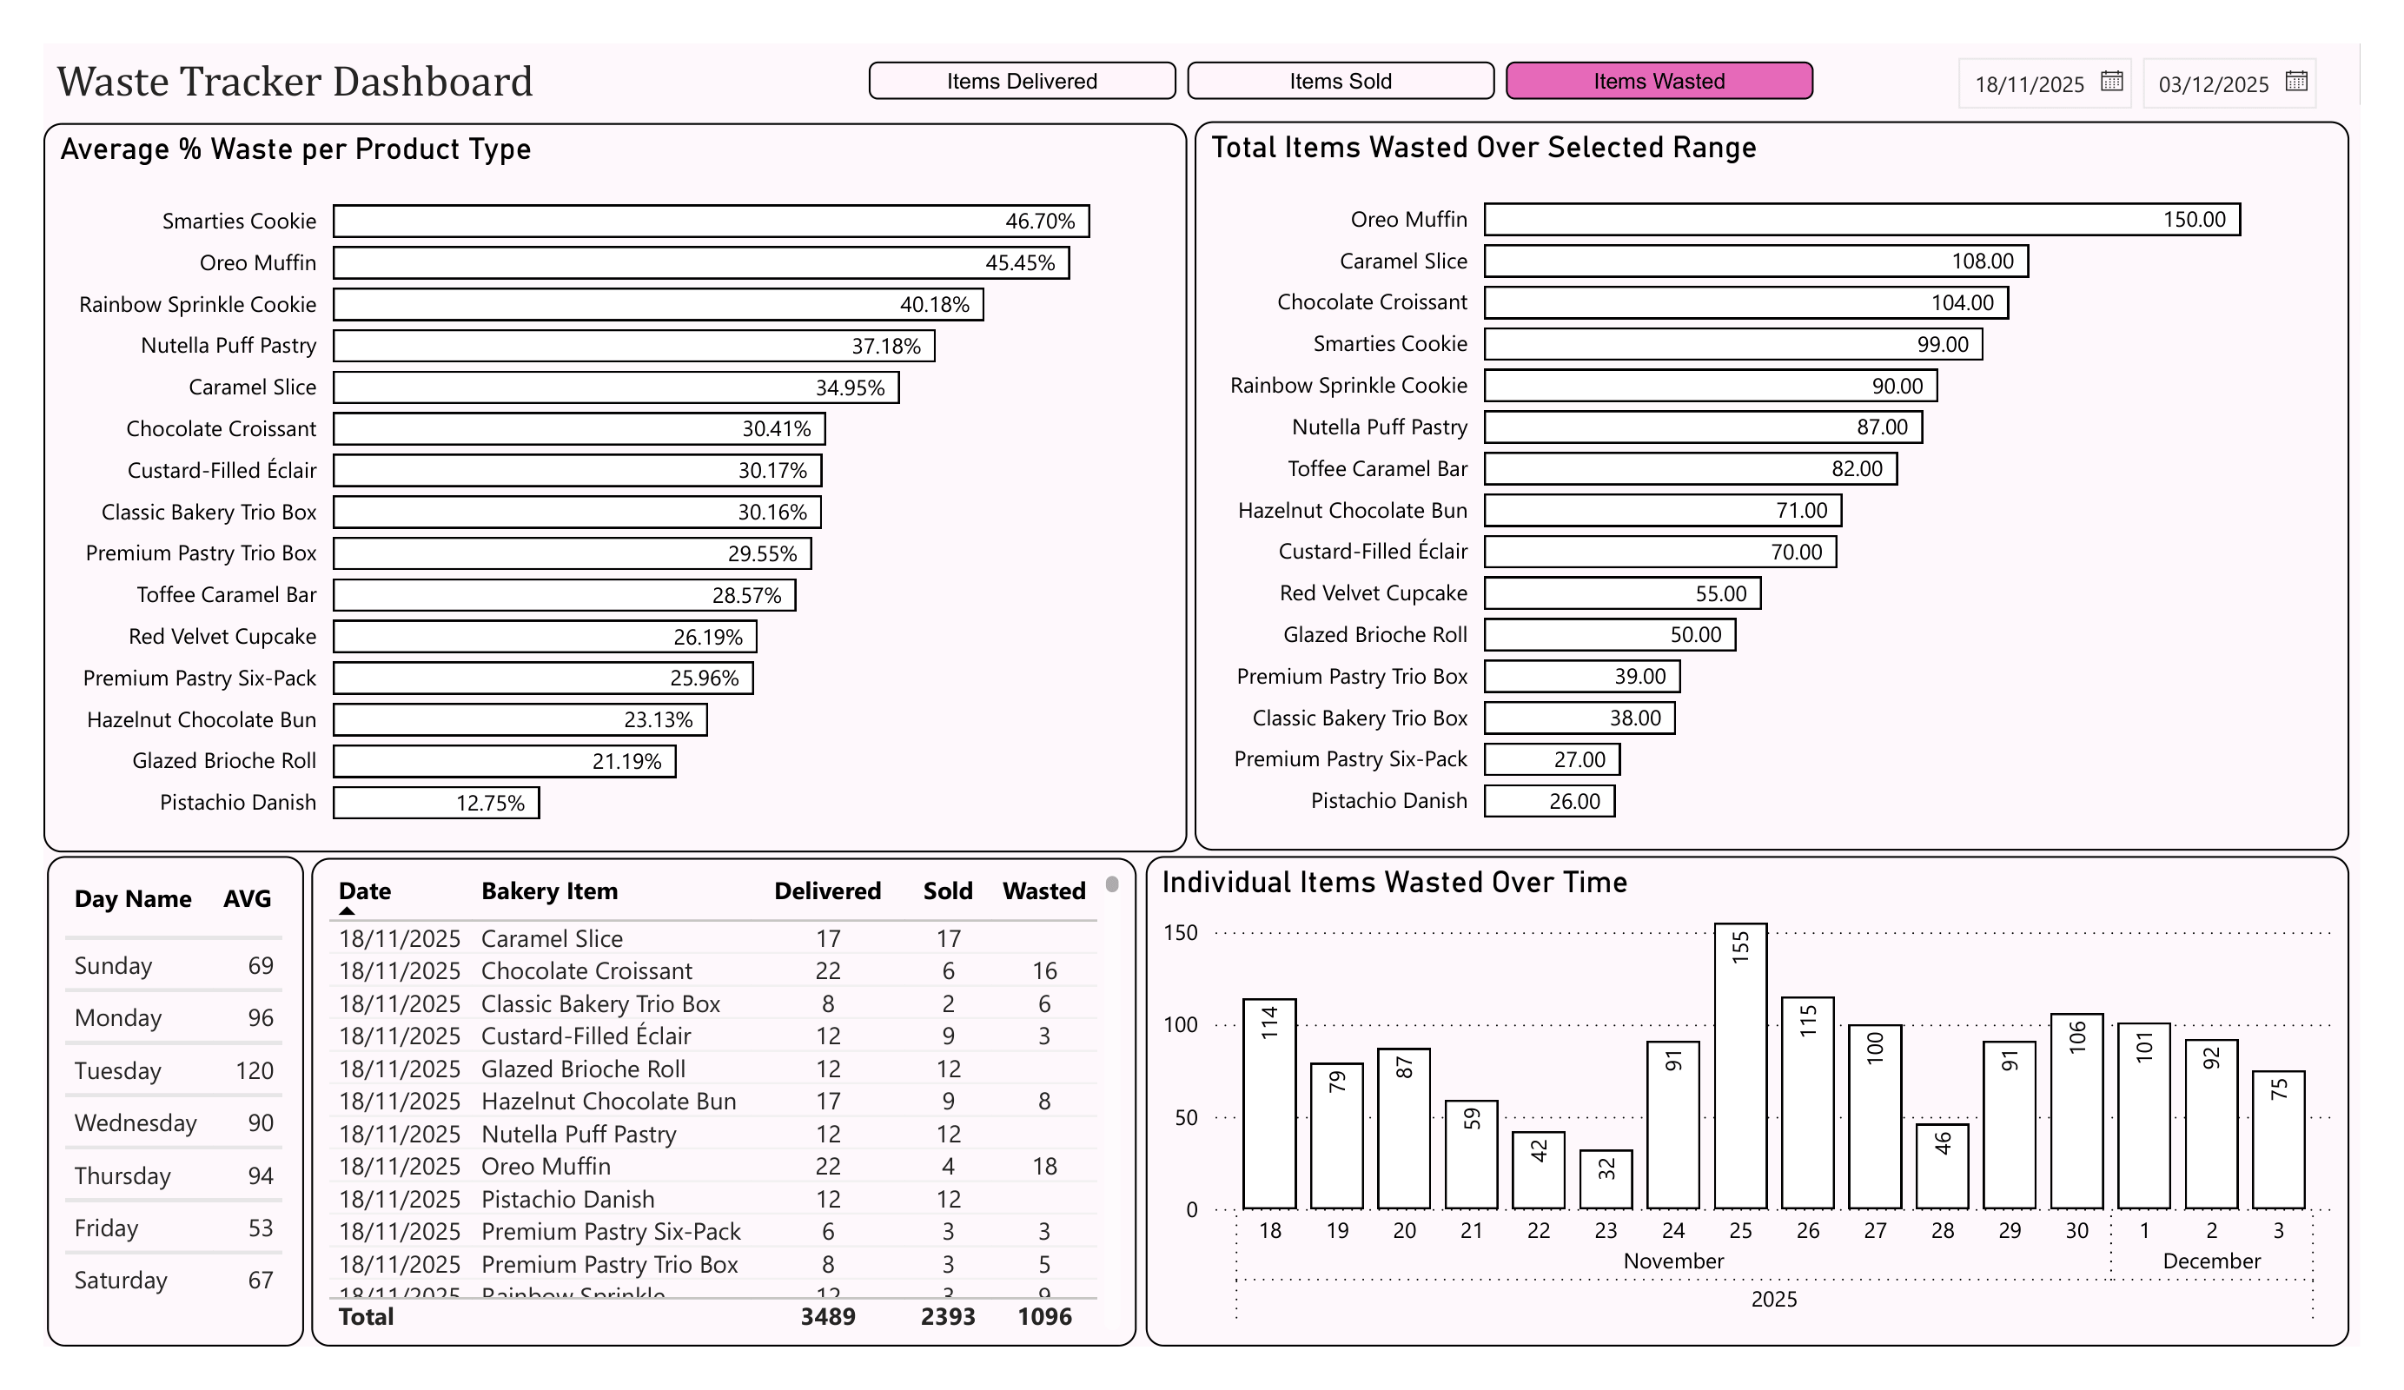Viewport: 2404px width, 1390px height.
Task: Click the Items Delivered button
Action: (1022, 81)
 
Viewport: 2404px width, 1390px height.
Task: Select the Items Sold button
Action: (1341, 81)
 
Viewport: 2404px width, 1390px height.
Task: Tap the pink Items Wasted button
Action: (1659, 81)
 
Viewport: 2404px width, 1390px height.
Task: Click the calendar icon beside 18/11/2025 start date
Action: (2112, 82)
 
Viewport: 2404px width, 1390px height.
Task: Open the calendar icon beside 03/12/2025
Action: (2296, 82)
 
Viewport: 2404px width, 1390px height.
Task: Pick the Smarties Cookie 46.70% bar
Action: (711, 222)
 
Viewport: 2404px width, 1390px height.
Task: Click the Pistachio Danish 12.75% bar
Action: (436, 804)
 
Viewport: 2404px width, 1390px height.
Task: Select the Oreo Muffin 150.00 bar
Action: (1861, 220)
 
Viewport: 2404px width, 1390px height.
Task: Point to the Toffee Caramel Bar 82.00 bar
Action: (1691, 469)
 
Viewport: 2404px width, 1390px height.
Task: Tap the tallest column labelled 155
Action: (1740, 1066)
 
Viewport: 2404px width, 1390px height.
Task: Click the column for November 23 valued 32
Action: (1606, 1180)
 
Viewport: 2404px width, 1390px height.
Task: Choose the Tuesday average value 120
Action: (255, 1071)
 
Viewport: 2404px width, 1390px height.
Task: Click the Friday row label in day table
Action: (107, 1228)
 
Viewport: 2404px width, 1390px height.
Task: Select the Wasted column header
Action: (1043, 891)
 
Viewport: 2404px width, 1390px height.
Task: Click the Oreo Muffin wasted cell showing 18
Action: (1044, 1167)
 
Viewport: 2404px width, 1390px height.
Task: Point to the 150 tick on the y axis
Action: (1180, 933)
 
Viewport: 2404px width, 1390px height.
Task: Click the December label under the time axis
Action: (2211, 1261)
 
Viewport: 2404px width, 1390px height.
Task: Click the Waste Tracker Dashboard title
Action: (295, 82)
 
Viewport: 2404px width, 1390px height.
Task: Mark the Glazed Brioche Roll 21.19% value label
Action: (626, 762)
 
